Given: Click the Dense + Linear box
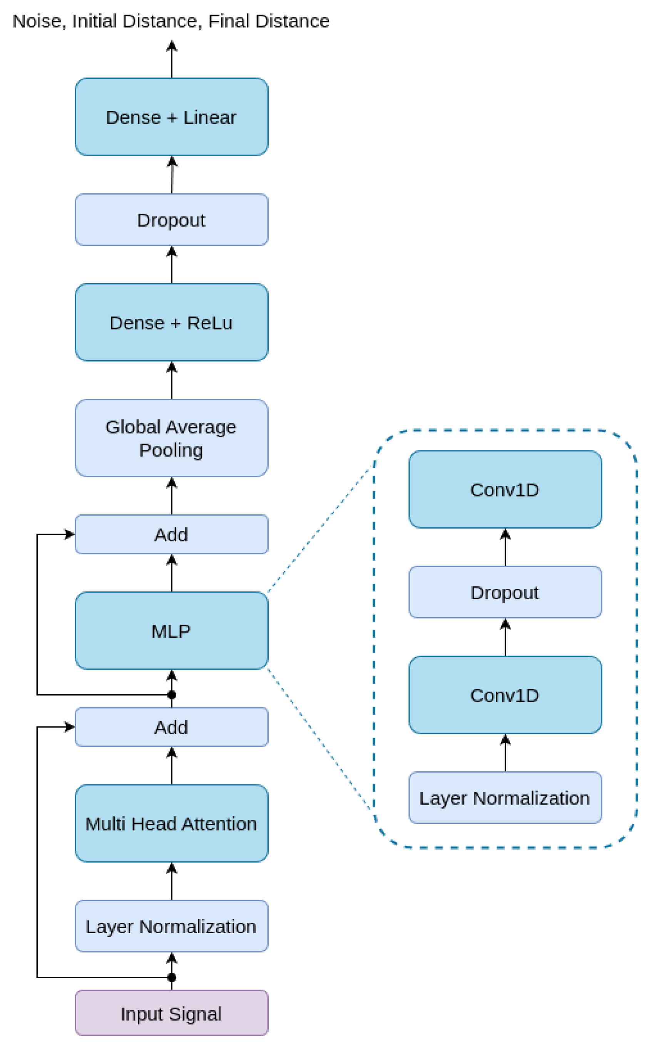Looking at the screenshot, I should pyautogui.click(x=171, y=117).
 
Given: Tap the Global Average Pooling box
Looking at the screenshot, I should pyautogui.click(x=171, y=438).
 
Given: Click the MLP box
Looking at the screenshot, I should pyautogui.click(x=171, y=631).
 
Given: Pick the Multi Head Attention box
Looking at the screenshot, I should pyautogui.click(x=171, y=823).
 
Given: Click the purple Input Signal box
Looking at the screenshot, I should pyautogui.click(x=171, y=1014).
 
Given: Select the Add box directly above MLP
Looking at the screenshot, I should pyautogui.click(x=171, y=534).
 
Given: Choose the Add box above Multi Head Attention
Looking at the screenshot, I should pyautogui.click(x=171, y=727).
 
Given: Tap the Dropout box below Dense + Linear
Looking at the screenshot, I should pyautogui.click(x=171, y=220).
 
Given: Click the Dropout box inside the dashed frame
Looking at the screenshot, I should pyautogui.click(x=505, y=592).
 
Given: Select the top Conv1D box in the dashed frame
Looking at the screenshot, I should pyautogui.click(x=505, y=489).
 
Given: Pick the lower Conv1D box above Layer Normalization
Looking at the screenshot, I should pyautogui.click(x=505, y=695).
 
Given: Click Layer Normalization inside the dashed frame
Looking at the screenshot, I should pyautogui.click(x=505, y=798).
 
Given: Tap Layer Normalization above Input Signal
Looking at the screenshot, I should pyautogui.click(x=171, y=926).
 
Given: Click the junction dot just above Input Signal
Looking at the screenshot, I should pyautogui.click(x=172, y=977).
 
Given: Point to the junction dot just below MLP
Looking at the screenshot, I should pyautogui.click(x=172, y=695).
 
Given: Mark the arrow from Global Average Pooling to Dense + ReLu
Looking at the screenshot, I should pyautogui.click(x=172, y=380).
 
